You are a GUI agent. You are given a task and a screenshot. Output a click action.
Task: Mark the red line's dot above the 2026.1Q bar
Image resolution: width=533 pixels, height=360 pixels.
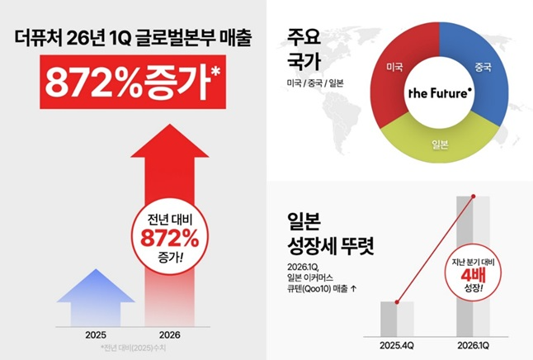tap(474, 197)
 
